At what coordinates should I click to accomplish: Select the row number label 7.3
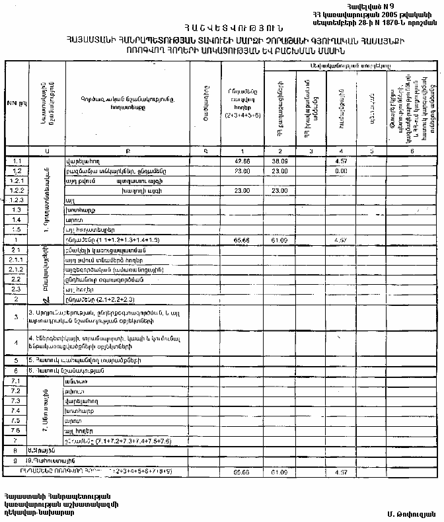(17, 401)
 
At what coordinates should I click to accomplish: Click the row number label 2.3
(17, 289)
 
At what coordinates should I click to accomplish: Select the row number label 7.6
(17, 430)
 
